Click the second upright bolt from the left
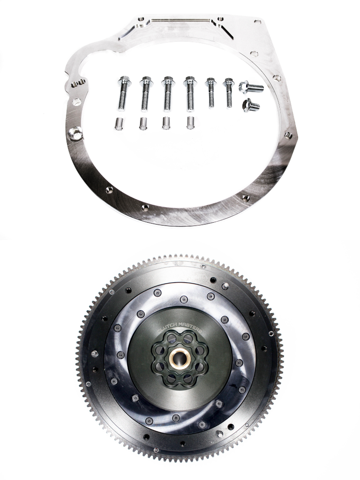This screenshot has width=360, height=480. pos(145,94)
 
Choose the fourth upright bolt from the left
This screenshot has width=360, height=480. pos(190,93)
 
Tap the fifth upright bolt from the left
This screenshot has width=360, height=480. pos(211,92)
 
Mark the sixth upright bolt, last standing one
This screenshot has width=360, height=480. pos(229,91)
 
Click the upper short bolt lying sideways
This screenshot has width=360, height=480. pos(250,87)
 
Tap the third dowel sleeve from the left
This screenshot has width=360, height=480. pos(166,123)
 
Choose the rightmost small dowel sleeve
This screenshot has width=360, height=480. pos(190,122)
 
